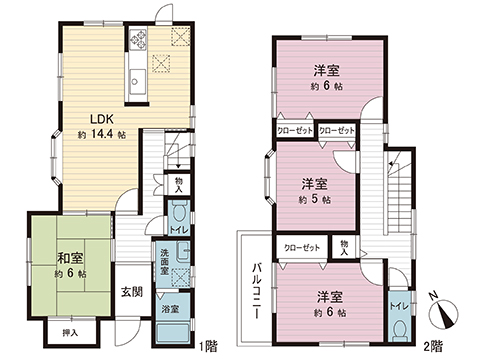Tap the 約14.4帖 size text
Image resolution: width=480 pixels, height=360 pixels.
click(102, 133)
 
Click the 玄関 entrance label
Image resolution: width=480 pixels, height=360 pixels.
click(132, 292)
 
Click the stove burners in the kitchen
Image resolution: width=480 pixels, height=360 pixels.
click(138, 43)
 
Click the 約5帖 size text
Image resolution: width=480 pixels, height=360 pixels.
click(316, 201)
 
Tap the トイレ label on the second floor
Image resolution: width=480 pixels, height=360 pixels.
click(397, 304)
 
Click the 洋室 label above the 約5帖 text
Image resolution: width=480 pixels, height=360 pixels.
click(316, 184)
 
